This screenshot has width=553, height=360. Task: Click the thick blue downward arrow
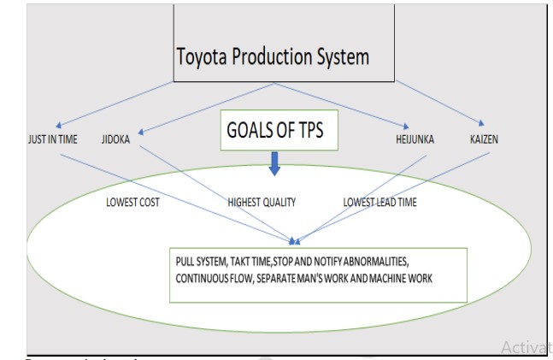(274, 164)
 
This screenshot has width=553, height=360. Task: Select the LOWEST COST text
(133, 203)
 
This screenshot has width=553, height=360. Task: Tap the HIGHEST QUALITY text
(262, 203)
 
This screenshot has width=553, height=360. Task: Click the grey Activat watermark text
(526, 346)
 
